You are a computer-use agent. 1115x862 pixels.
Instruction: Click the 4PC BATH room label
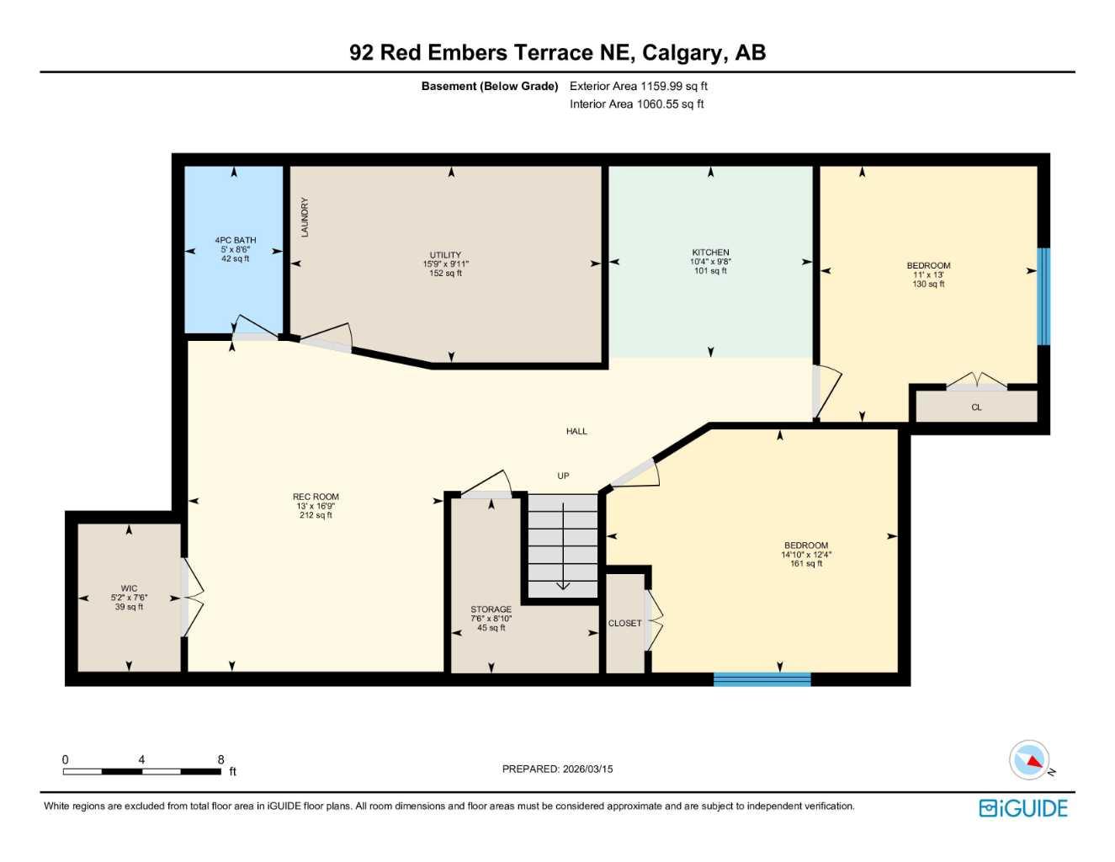tap(235, 241)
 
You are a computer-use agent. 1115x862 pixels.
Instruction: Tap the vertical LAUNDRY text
tap(305, 217)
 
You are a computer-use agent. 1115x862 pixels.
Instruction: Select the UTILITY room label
tap(445, 255)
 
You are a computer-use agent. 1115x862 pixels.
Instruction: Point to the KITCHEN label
tap(710, 253)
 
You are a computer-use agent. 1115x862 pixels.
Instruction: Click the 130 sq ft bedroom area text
tap(928, 285)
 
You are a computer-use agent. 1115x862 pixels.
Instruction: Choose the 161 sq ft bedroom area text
tap(805, 564)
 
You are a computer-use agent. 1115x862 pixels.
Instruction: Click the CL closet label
tap(976, 407)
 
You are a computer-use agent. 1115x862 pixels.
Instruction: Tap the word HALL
tap(576, 431)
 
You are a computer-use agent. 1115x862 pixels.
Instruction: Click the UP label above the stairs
tap(563, 476)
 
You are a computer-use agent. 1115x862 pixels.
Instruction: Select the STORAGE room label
tap(491, 609)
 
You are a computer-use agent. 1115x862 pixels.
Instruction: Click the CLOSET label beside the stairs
tap(624, 624)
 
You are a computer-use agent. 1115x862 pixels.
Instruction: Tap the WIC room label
tap(129, 588)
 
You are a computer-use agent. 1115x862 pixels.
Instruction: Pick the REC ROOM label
tap(316, 498)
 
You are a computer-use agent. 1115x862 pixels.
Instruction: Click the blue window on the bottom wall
tap(762, 679)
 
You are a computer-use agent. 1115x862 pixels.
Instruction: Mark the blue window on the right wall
tap(1043, 296)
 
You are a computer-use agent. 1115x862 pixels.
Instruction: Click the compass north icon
tap(1030, 760)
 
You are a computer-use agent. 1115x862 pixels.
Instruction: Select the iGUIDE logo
tap(1023, 808)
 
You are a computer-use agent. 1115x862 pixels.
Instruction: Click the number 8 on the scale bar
tap(221, 759)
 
